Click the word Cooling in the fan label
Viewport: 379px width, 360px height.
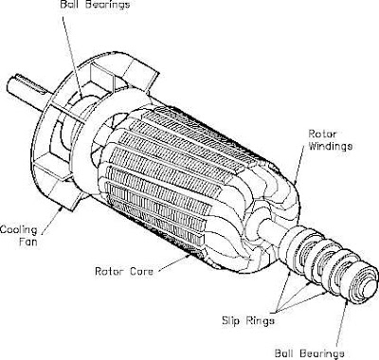(x=18, y=230)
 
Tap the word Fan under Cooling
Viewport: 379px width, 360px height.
(x=27, y=243)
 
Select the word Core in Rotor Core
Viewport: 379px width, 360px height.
(x=140, y=271)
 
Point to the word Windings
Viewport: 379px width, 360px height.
(x=330, y=146)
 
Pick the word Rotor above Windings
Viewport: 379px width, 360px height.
(x=322, y=134)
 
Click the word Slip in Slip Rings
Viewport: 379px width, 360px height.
(x=231, y=321)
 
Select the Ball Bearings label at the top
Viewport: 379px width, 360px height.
(x=95, y=5)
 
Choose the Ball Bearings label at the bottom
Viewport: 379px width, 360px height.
(x=309, y=353)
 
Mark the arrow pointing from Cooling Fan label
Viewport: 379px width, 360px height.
(x=50, y=220)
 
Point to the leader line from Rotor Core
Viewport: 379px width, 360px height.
(x=174, y=262)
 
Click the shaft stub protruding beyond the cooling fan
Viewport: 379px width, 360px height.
(x=27, y=91)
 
